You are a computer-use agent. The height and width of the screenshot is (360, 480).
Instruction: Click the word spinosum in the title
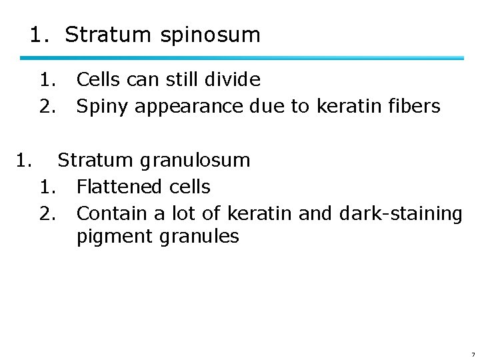click(210, 35)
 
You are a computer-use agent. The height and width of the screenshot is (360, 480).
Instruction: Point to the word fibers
click(413, 107)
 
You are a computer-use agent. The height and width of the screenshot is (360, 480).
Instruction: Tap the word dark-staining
click(399, 214)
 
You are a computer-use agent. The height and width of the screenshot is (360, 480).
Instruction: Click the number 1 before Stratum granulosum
click(24, 161)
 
